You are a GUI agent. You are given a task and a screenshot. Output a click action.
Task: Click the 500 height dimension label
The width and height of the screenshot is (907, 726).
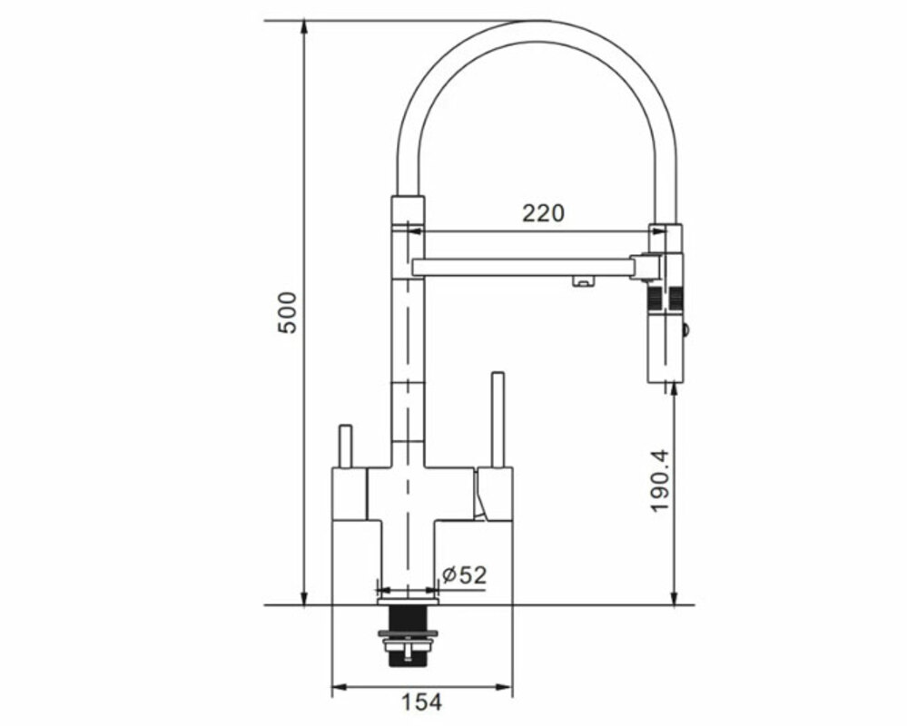click(x=288, y=313)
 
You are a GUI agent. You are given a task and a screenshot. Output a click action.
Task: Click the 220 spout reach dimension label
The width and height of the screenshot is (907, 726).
click(x=543, y=213)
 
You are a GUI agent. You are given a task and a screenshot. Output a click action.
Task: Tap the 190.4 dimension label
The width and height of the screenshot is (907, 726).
click(x=660, y=480)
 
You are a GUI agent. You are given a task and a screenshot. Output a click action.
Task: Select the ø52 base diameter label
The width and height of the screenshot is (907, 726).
click(x=465, y=575)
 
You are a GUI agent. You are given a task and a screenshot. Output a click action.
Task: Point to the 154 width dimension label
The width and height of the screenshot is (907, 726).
click(x=421, y=702)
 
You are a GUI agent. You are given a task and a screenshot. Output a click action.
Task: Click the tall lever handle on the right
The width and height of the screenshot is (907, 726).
click(x=498, y=419)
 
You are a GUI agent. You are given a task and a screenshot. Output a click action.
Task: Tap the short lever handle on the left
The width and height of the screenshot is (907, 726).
click(x=345, y=446)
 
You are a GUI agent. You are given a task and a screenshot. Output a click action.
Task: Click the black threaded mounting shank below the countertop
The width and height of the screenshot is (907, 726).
click(x=409, y=634)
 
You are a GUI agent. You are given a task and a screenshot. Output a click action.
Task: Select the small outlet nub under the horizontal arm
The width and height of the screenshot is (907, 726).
click(x=582, y=281)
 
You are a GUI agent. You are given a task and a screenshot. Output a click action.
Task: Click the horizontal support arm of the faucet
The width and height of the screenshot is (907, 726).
click(x=527, y=267)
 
